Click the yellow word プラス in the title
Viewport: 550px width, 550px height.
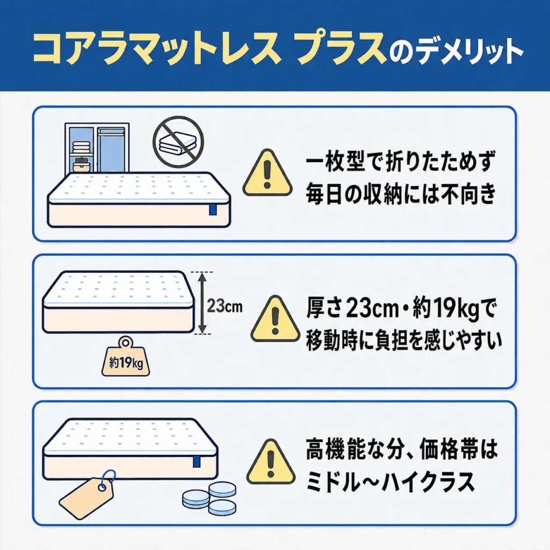[342, 49]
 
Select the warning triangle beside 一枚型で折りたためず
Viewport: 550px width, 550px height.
[267, 172]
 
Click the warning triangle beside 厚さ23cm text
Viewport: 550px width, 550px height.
[276, 319]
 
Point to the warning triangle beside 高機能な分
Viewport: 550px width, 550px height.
[271, 462]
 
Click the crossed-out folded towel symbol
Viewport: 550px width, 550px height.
[178, 142]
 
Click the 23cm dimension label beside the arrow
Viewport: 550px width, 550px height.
[225, 306]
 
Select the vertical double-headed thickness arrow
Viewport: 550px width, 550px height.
[202, 303]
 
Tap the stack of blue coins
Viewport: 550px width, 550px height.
[209, 498]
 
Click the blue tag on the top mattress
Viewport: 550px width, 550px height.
[213, 209]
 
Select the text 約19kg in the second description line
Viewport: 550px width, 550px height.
[446, 308]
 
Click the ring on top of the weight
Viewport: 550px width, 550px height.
[126, 342]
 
